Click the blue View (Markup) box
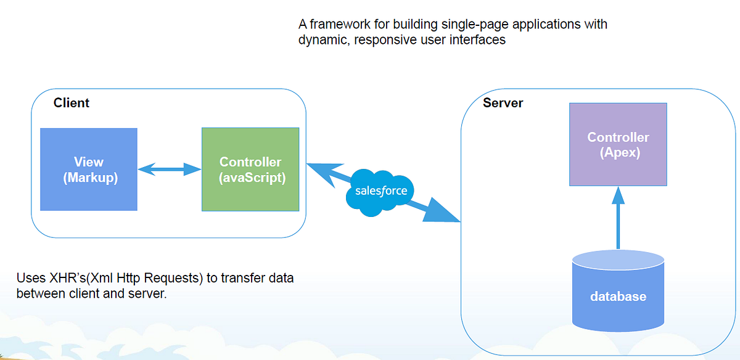[89, 170]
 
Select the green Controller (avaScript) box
[250, 170]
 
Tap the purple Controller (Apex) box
[618, 145]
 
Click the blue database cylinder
[618, 293]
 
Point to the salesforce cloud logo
[381, 191]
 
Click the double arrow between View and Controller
[170, 170]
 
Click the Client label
[72, 103]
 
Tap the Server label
[503, 103]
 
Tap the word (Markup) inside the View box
[89, 178]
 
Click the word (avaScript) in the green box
[250, 178]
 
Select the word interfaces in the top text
[479, 40]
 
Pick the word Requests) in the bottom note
[175, 279]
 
